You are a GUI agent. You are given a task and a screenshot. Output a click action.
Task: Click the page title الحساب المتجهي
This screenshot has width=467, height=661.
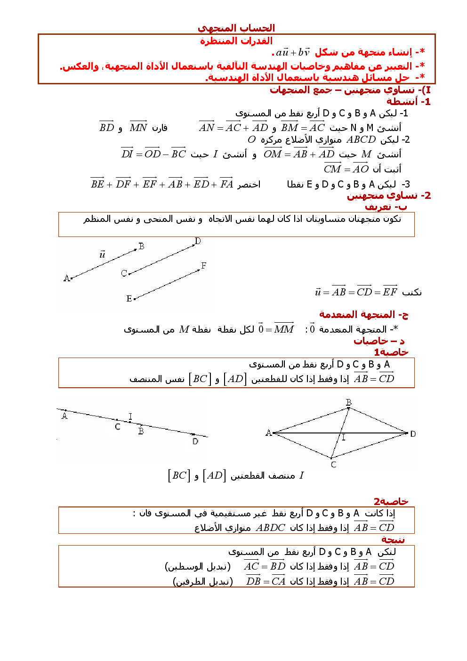coord(236,28)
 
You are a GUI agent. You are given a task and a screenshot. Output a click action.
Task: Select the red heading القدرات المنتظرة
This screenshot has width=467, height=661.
coord(236,41)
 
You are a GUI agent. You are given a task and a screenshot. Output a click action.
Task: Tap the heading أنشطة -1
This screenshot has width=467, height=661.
coord(408,102)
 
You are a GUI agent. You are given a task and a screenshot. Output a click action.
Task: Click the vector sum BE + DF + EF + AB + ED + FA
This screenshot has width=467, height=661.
coord(162,184)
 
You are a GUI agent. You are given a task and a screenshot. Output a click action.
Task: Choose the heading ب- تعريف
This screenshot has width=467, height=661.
coord(386,207)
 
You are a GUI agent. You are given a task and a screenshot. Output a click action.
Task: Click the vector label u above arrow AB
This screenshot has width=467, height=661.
coord(102,255)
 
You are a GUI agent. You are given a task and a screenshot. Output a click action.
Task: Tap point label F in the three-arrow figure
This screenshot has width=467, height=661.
coord(203,266)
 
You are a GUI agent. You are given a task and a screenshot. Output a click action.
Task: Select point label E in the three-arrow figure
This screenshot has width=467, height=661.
coord(129,299)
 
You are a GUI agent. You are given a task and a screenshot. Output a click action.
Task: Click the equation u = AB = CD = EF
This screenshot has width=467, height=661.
coord(356,292)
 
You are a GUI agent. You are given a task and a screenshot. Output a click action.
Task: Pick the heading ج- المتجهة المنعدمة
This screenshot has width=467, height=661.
coord(363,315)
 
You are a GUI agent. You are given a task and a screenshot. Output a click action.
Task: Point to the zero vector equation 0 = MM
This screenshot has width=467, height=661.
coord(276,329)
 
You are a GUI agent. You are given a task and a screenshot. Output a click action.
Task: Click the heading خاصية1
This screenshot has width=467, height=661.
coord(391,352)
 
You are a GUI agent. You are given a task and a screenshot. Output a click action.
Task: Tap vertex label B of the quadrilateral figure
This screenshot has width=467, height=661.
coord(349,402)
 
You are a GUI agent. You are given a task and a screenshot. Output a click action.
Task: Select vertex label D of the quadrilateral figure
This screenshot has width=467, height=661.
coord(413,434)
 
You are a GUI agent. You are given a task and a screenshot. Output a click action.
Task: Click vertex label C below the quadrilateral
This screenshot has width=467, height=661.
coord(333,465)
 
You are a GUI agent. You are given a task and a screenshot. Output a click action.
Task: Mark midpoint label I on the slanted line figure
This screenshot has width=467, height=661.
coord(130,416)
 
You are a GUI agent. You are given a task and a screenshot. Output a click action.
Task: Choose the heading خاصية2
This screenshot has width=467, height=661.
coord(391,502)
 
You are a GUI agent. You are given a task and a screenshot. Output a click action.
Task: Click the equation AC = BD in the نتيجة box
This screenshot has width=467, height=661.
coord(265,566)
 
